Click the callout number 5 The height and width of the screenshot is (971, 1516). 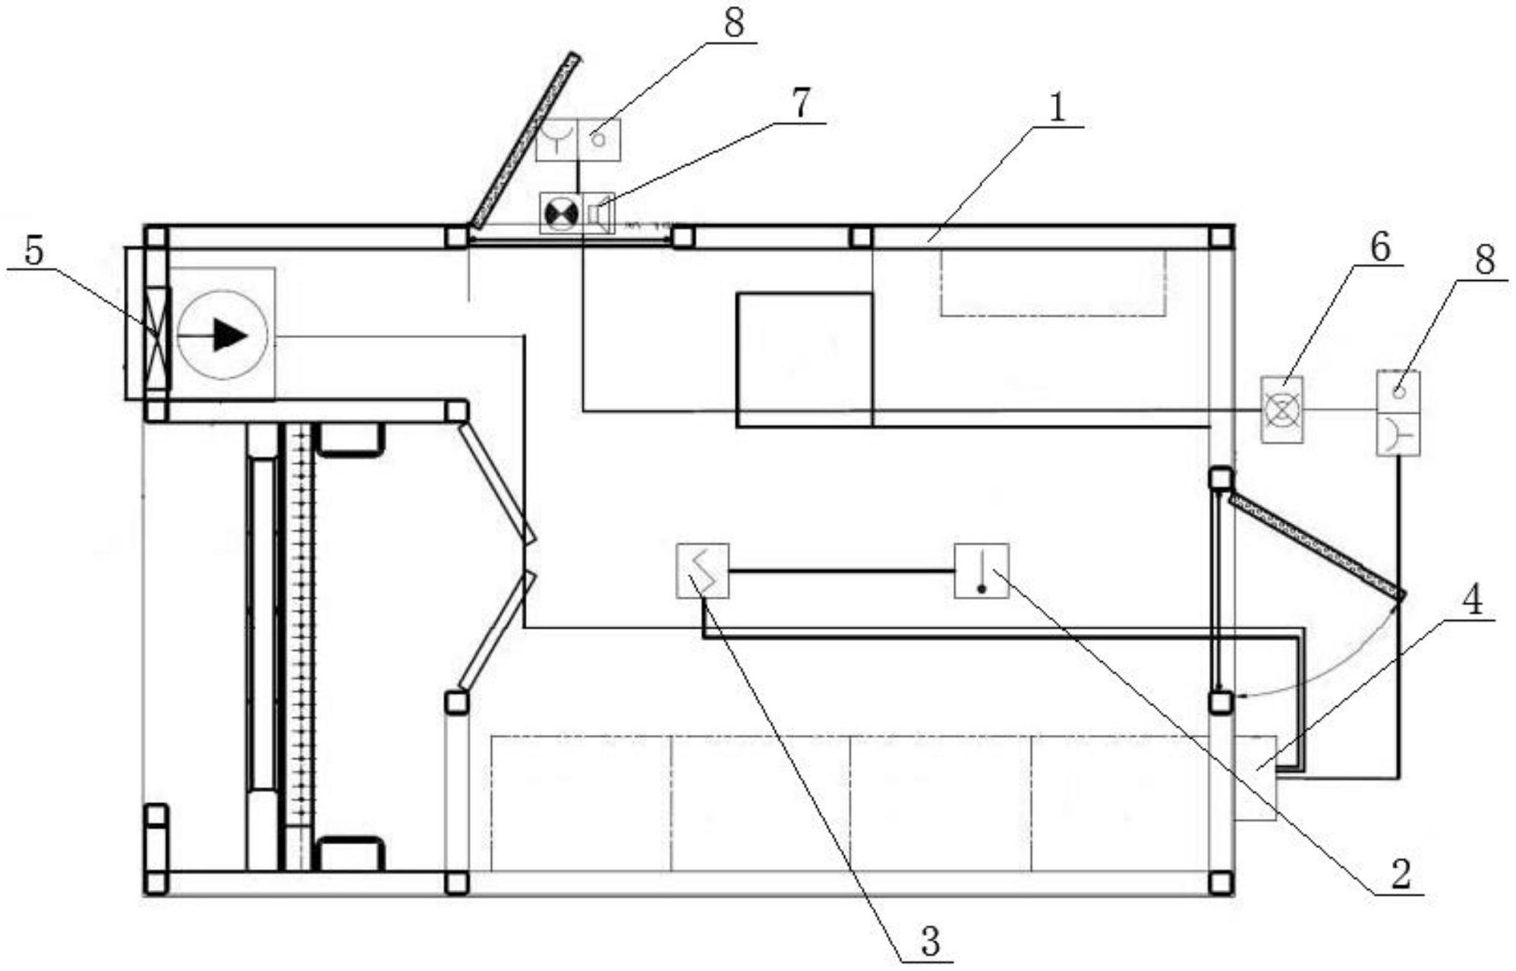pos(34,251)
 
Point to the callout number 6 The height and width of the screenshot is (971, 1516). pos(1379,247)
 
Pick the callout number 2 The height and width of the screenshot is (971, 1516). pos(1400,873)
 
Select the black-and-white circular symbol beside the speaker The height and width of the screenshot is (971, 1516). pos(561,213)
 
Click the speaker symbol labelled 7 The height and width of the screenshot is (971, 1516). pos(599,213)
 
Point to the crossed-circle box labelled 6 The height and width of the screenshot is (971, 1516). pos(1282,410)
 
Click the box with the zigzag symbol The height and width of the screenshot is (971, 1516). pos(703,571)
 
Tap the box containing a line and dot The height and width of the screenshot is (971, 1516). pos(982,571)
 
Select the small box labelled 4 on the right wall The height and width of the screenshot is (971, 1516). pos(1256,778)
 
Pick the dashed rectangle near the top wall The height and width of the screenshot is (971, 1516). pos(1054,282)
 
